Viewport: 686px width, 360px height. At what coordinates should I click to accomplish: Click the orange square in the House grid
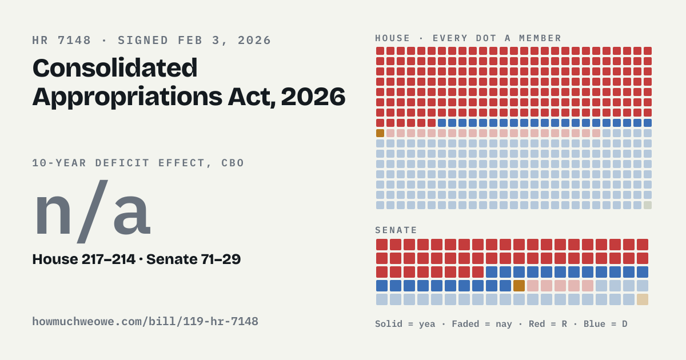tap(380, 133)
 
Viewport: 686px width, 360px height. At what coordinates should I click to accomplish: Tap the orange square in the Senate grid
tap(519, 286)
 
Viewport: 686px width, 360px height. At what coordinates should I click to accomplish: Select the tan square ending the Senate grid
tap(643, 299)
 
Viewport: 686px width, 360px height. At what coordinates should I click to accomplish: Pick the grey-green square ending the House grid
tap(648, 205)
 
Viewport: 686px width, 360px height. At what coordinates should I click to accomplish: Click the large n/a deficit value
tap(93, 212)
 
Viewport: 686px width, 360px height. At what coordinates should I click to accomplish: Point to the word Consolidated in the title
tap(115, 68)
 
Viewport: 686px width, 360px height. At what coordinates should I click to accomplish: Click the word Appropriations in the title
tap(127, 97)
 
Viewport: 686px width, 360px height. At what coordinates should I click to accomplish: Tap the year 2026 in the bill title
tap(313, 97)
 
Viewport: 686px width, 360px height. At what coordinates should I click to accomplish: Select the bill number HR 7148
tap(62, 41)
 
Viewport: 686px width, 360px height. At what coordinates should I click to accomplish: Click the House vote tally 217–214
tap(109, 259)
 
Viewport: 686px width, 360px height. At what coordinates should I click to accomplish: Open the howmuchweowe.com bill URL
tap(145, 322)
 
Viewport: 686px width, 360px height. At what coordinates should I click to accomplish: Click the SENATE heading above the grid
tap(396, 230)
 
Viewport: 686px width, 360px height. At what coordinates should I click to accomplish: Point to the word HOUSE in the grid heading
tap(393, 38)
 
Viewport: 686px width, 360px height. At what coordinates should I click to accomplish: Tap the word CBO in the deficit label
tap(233, 163)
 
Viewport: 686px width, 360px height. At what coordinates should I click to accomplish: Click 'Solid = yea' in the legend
tap(405, 324)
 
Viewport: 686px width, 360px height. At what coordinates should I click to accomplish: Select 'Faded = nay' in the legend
tap(482, 324)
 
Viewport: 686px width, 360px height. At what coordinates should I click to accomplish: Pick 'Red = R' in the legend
tap(548, 324)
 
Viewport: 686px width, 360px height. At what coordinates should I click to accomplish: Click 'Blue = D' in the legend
tap(605, 324)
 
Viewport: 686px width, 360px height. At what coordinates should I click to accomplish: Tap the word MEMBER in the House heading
tap(540, 38)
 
